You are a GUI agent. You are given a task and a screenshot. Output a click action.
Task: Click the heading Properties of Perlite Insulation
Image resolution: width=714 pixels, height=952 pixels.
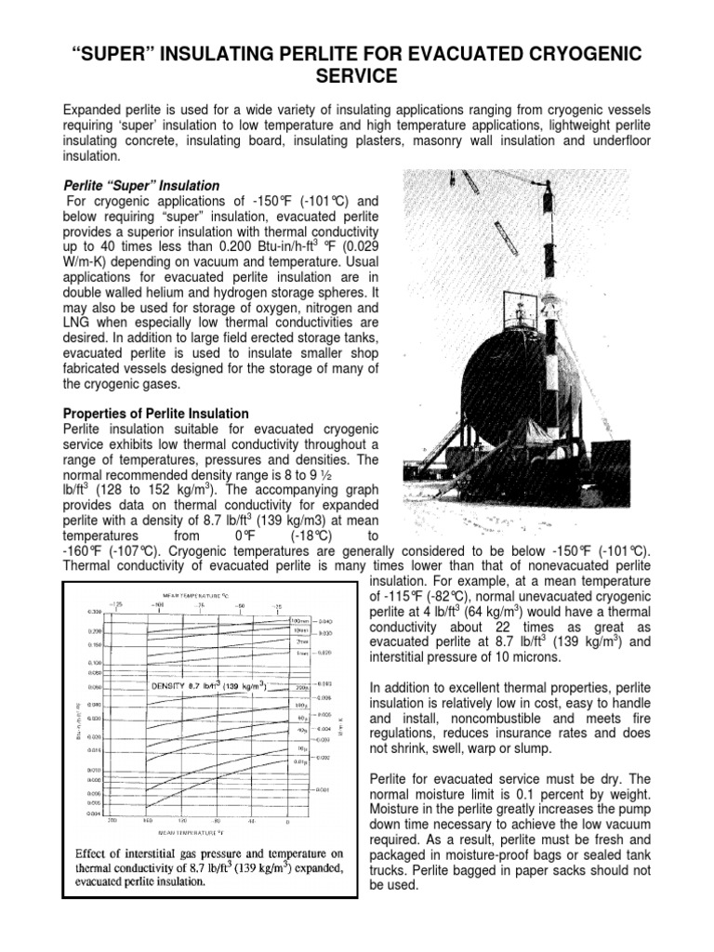tap(155, 413)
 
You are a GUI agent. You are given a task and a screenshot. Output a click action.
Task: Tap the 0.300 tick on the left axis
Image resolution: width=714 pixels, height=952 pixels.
tap(95, 612)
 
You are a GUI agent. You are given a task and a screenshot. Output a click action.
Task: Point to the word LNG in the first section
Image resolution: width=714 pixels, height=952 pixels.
tap(76, 322)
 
